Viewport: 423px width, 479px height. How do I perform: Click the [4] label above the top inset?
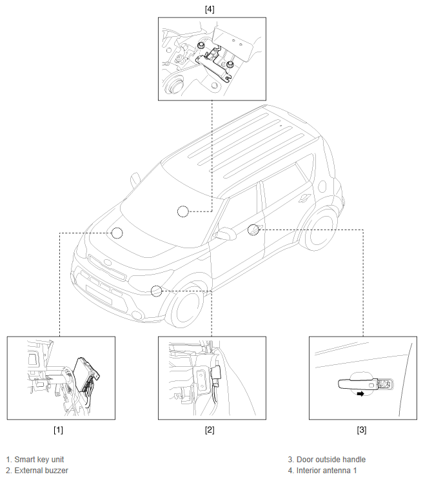(x=210, y=10)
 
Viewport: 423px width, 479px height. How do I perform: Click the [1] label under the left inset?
(x=58, y=430)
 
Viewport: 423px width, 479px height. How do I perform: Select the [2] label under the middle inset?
(x=210, y=430)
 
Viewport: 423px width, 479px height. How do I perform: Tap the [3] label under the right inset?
(x=361, y=430)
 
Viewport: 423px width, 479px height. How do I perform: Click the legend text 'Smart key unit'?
(x=39, y=460)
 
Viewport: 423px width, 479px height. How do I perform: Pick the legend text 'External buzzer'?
(x=41, y=471)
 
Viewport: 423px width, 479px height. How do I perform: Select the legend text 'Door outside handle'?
(x=331, y=460)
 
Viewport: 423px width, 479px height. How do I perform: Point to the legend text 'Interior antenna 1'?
(x=326, y=471)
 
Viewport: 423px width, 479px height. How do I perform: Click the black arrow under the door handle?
(x=360, y=394)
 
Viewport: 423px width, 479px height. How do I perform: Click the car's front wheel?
(x=186, y=306)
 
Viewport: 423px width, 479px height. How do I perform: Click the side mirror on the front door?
(x=224, y=233)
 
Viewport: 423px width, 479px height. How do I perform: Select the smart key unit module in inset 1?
(x=86, y=374)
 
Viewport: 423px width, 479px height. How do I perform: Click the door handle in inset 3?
(x=358, y=384)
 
